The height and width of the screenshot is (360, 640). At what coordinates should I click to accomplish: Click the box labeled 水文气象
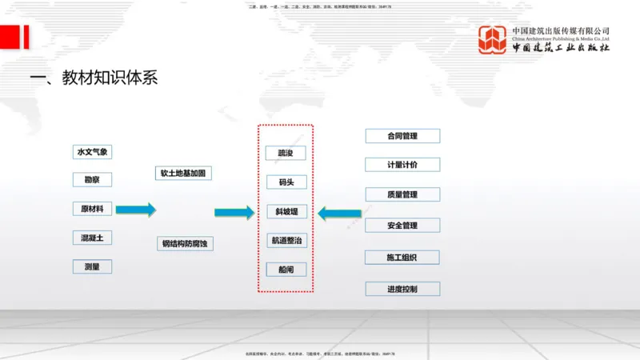pos(92,152)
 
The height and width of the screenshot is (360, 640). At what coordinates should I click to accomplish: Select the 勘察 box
pos(92,180)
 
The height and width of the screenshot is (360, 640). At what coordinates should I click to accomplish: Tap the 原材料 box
pos(92,210)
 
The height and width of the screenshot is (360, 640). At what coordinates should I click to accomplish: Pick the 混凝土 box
pos(92,238)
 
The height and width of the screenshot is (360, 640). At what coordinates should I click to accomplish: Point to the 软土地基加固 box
pos(186,173)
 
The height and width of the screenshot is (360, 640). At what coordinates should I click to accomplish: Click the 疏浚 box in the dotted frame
pos(286,153)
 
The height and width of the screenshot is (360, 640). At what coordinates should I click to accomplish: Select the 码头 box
pos(286,182)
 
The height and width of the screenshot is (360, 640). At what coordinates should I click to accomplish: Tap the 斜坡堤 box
pos(286,212)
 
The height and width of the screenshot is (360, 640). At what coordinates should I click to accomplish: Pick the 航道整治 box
pos(286,241)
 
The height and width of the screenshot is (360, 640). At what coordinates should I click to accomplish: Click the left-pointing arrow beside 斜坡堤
pos(339,213)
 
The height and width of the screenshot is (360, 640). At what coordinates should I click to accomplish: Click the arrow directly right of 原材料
pos(136,210)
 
